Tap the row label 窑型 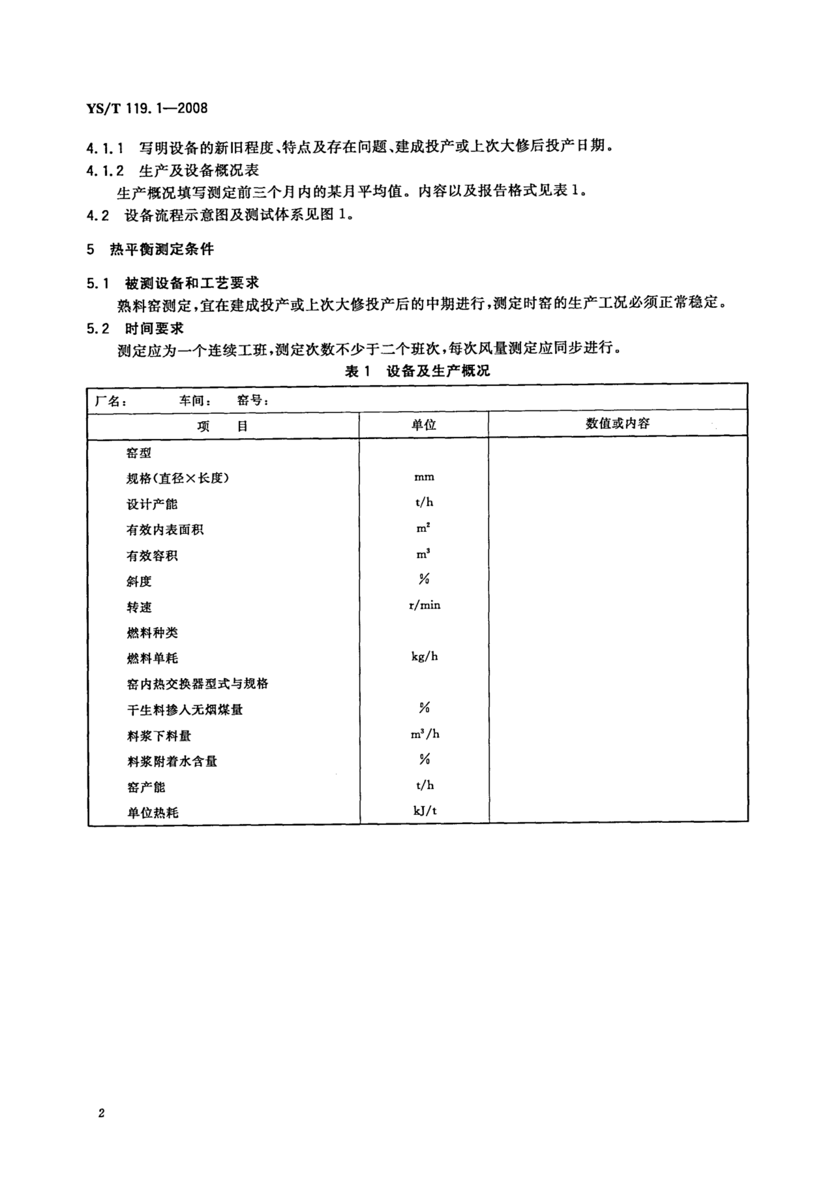[139, 453]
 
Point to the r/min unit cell [424, 605]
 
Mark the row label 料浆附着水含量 [172, 761]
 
